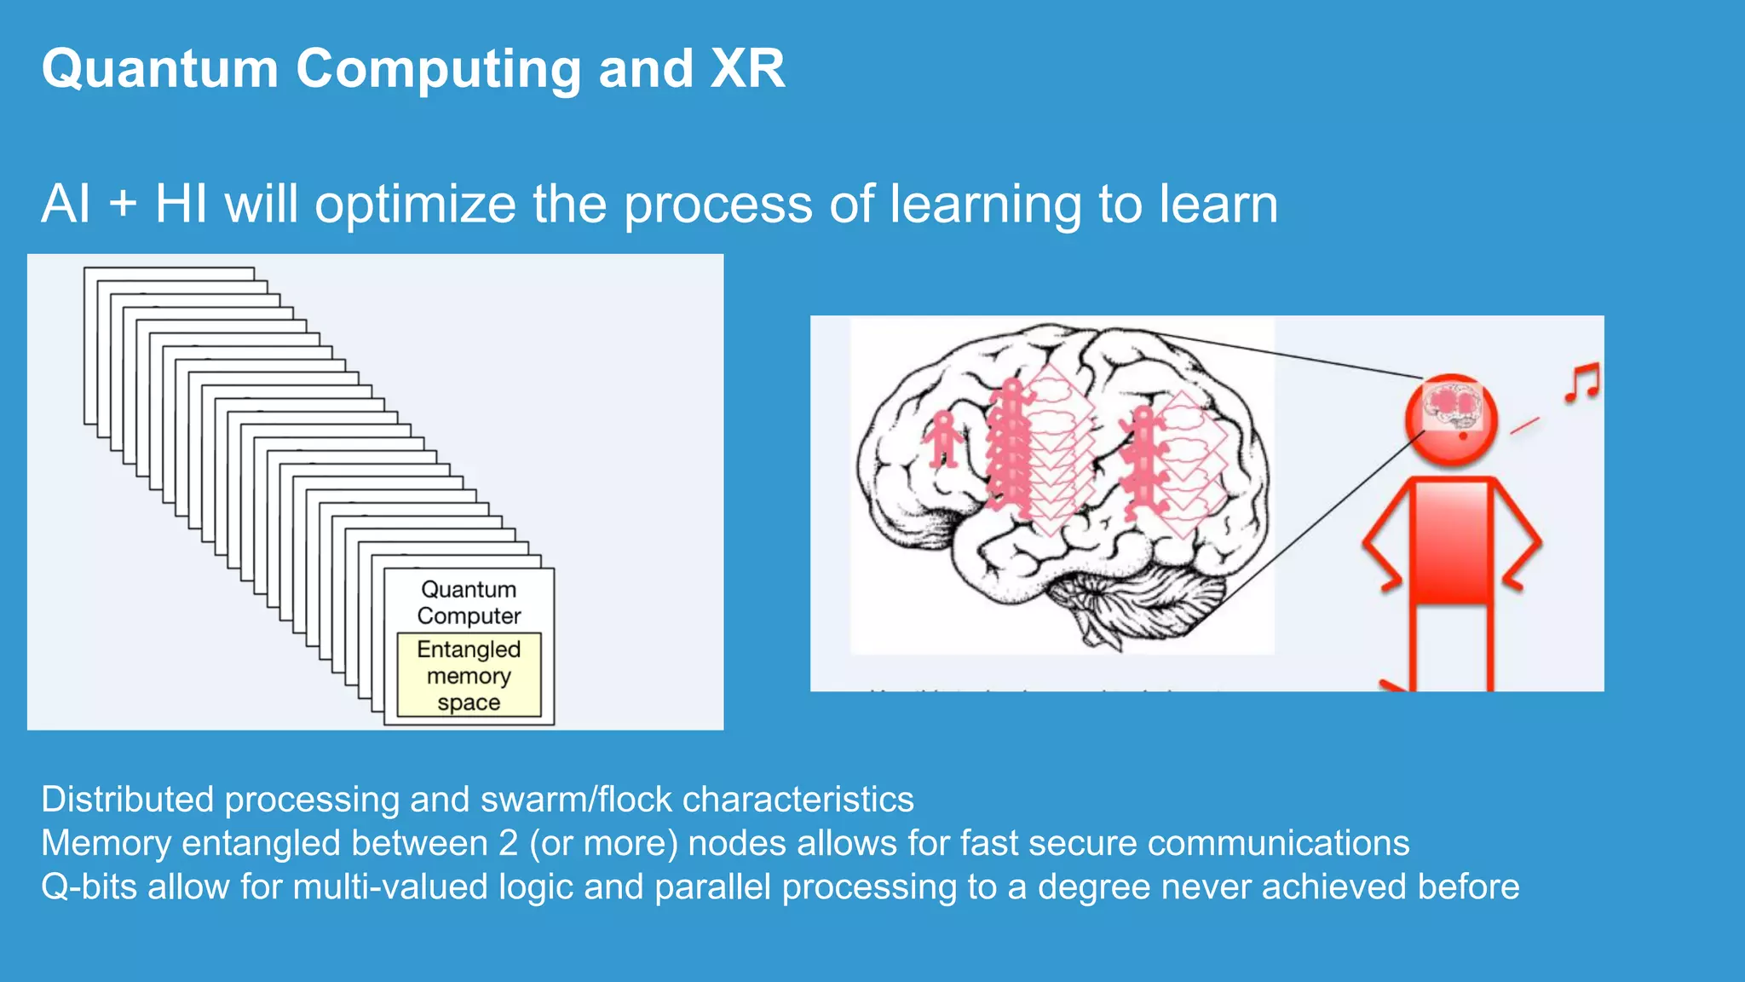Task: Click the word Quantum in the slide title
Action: (159, 69)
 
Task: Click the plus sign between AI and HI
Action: (123, 205)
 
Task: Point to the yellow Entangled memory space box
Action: (469, 675)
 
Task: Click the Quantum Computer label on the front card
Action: (469, 602)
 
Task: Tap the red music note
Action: (1582, 383)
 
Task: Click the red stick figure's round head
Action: (1452, 419)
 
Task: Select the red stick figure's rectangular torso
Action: (1451, 541)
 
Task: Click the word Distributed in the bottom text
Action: (127, 800)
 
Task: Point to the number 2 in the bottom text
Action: (508, 843)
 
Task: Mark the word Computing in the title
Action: (439, 69)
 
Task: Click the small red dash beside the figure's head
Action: (1524, 425)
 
